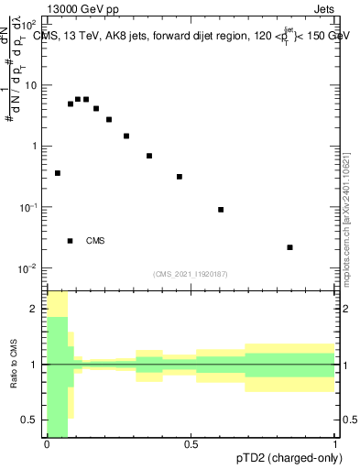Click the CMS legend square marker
pos(70,241)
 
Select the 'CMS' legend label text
pos(95,241)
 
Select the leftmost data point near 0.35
pos(57,173)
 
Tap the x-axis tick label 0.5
pos(191,444)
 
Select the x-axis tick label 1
pos(334,444)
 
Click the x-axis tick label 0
pos(47,444)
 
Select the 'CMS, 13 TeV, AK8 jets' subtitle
pos(101,36)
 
